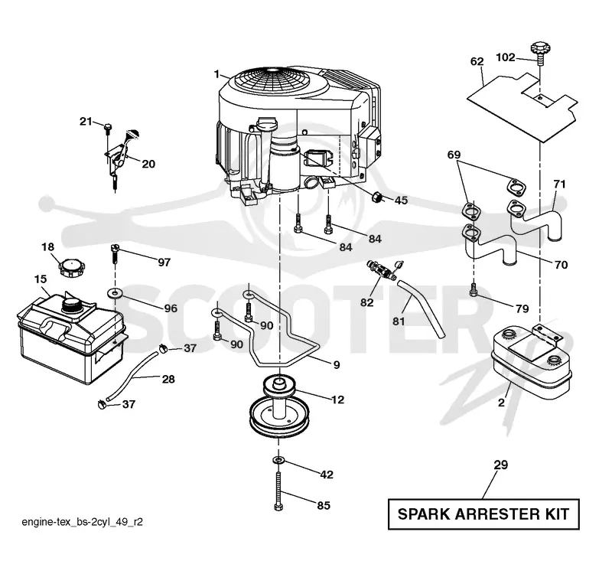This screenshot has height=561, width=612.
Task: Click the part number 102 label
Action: (506, 57)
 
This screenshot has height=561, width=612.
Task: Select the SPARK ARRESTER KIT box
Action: (483, 514)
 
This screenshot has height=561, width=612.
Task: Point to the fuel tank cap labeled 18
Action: (71, 268)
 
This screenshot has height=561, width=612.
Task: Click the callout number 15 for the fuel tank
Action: (41, 279)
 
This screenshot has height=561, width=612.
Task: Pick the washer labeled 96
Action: (115, 293)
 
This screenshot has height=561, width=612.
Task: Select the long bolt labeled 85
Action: (278, 491)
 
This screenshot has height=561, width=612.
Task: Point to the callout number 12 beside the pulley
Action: (337, 400)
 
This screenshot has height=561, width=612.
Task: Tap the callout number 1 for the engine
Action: (216, 73)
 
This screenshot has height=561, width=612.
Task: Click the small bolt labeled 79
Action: (474, 289)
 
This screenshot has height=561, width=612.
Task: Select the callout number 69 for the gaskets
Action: (454, 155)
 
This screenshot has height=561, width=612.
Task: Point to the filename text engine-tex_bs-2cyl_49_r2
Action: (83, 521)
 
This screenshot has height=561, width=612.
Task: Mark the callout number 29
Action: (501, 465)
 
